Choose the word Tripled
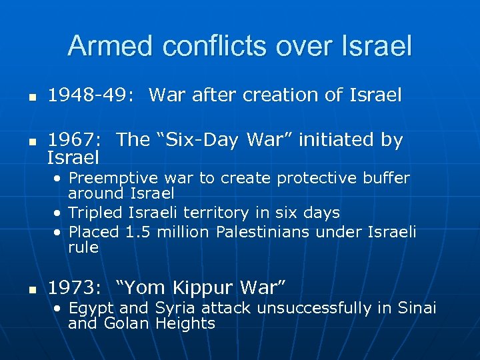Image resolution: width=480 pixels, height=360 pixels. tap(96, 213)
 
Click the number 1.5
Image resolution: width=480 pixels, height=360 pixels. tap(135, 232)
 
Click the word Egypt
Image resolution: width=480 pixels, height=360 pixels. tap(91, 308)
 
